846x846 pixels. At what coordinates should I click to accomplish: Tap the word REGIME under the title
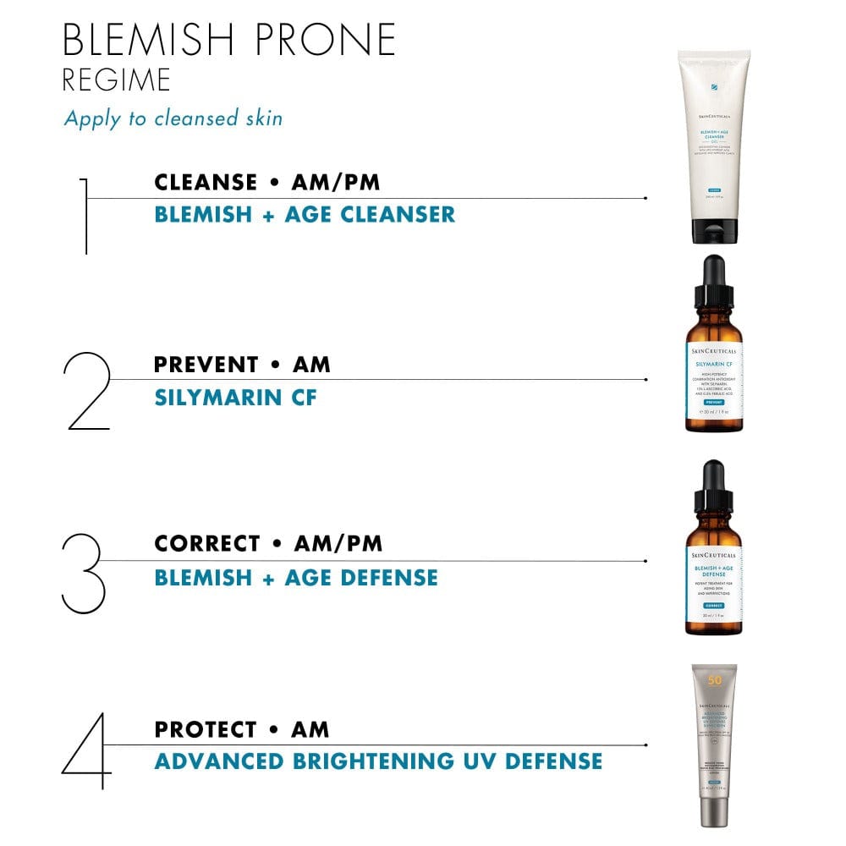point(117,80)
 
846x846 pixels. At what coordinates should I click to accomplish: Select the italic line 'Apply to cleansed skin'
point(173,118)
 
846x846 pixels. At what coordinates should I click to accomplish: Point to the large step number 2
point(88,391)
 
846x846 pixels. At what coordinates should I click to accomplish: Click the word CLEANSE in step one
point(206,182)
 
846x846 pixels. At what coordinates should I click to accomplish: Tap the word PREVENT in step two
point(206,365)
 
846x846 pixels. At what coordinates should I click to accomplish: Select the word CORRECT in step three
point(206,543)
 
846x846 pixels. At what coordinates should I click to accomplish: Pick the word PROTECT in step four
point(206,729)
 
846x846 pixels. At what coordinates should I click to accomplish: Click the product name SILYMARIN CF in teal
point(235,397)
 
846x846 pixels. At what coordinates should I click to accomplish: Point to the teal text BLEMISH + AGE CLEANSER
point(305,214)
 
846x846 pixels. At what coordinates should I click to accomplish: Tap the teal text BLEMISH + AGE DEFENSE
point(296,578)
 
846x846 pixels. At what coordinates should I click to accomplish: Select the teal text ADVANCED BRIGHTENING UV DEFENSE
point(378,761)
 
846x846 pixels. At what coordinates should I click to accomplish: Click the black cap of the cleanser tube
point(712,231)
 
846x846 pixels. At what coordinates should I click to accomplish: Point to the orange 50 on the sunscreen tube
point(714,680)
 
